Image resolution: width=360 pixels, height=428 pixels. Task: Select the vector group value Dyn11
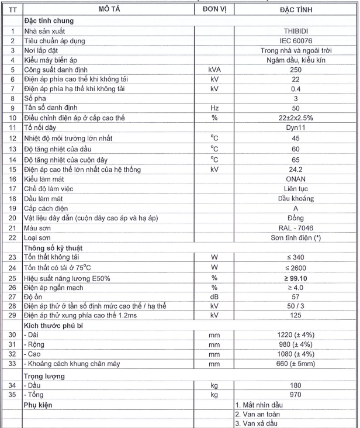tap(295, 129)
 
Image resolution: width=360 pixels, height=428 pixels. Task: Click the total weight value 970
tap(295, 395)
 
